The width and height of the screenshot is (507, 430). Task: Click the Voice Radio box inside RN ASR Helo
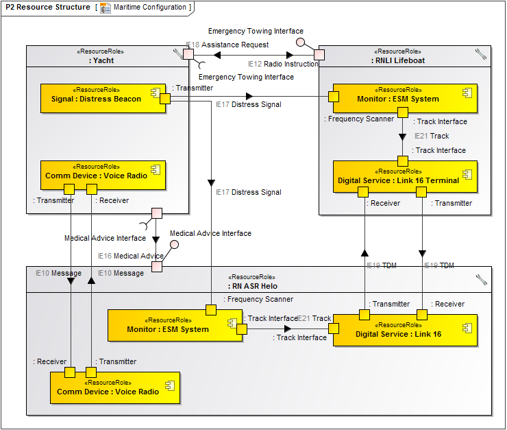(x=114, y=387)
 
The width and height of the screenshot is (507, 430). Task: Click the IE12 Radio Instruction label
(x=283, y=64)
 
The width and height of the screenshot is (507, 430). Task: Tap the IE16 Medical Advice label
(x=131, y=256)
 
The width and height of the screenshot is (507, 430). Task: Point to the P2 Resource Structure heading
(x=47, y=8)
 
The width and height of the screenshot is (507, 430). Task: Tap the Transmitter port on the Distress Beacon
(x=164, y=99)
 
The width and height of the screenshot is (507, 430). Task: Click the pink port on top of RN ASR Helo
(x=157, y=266)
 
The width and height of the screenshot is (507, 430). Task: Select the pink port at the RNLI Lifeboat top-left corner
(x=319, y=54)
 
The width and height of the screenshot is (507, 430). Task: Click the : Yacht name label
(x=101, y=60)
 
